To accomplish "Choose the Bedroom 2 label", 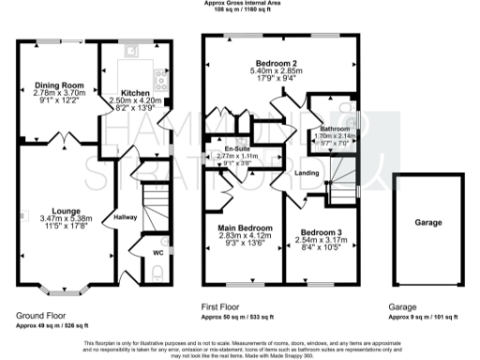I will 279,63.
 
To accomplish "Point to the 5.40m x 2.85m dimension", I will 279,70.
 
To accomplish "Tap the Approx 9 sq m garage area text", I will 424,317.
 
